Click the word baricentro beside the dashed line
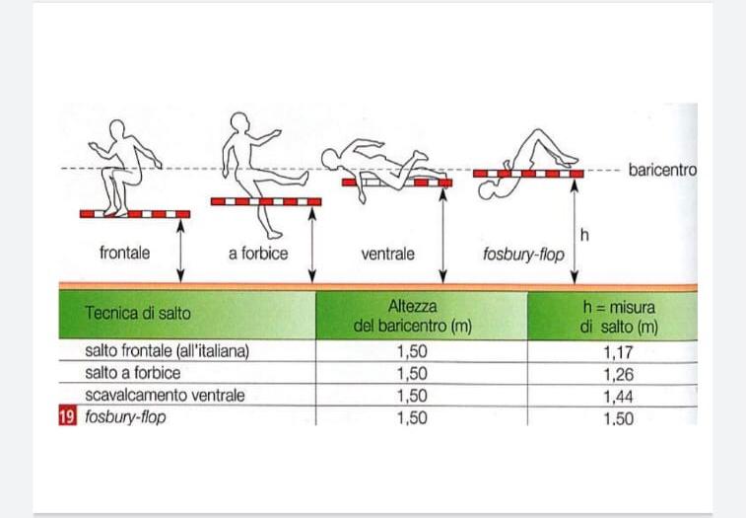tap(662, 170)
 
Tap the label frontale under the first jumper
tap(125, 254)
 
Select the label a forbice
tap(258, 254)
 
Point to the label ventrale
tap(387, 254)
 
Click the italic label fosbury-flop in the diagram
tap(523, 255)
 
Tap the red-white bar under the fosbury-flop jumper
tap(528, 173)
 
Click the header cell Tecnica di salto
tap(139, 315)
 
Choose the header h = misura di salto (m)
tap(618, 315)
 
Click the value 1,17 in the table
tap(618, 350)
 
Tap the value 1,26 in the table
tap(618, 373)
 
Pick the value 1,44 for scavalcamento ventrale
tap(618, 396)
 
